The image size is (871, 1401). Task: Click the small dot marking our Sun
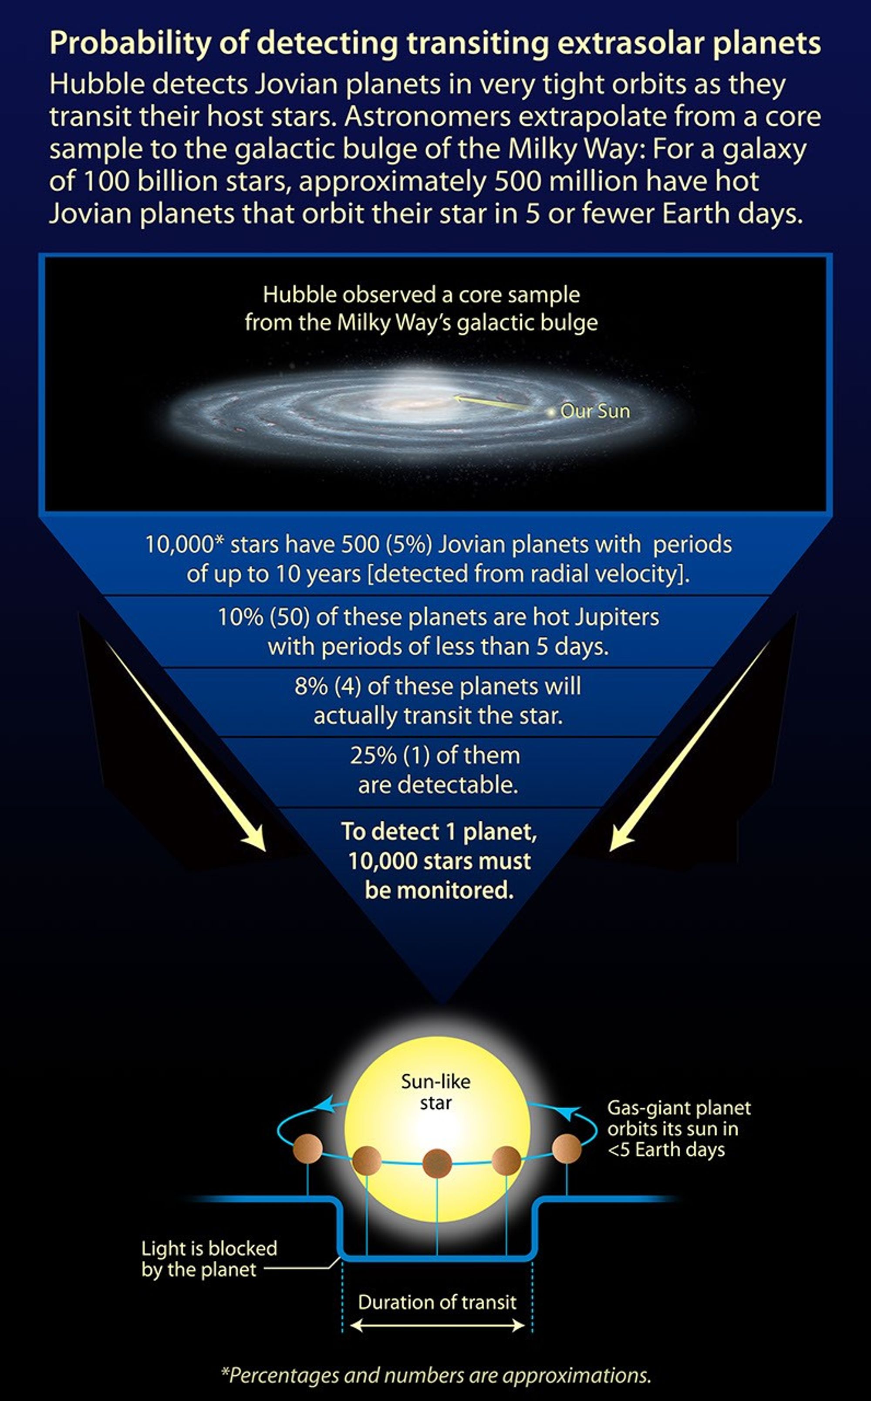tap(551, 412)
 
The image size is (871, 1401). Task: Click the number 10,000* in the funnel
tap(183, 545)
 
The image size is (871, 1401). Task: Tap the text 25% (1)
tap(389, 756)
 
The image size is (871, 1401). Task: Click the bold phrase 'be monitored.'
tap(439, 890)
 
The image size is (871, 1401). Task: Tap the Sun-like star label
tap(435, 1092)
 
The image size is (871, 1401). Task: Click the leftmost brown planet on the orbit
tap(307, 1149)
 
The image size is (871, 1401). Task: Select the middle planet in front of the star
tap(437, 1163)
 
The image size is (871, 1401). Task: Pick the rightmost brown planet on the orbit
tap(567, 1149)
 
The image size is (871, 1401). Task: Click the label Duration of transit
tap(437, 1303)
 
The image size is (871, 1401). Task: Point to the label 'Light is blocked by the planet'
tap(209, 1259)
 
